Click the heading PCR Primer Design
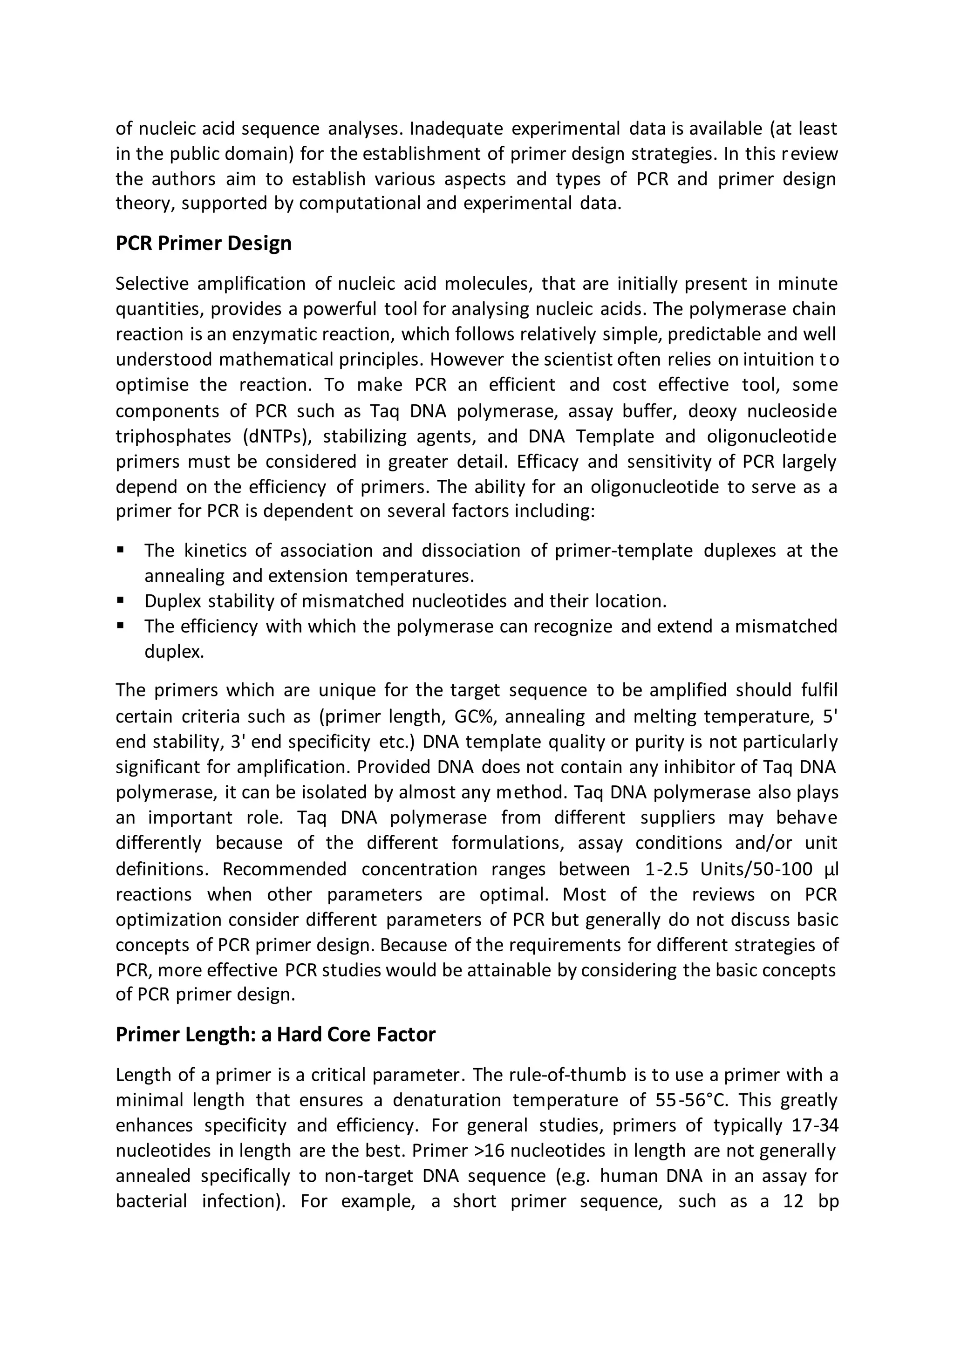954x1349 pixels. pos(203,243)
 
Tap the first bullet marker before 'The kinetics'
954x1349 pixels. pos(121,551)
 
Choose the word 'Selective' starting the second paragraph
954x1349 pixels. pos(151,284)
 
